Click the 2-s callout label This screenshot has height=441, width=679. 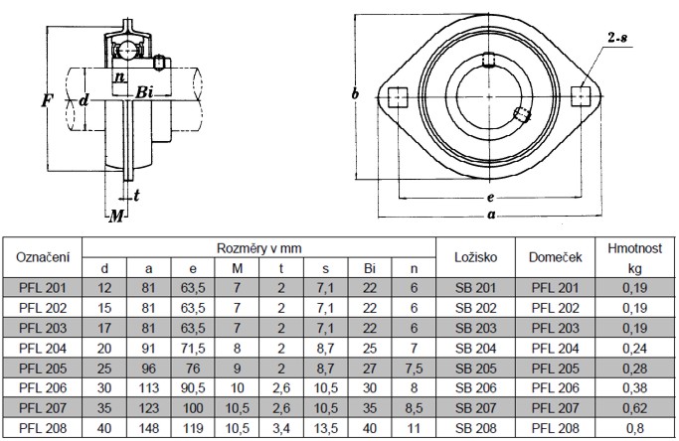coord(617,38)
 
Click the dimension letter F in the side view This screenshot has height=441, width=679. coord(47,101)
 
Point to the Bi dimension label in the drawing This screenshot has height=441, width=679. coord(144,92)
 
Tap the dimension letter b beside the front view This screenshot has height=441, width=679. coord(355,93)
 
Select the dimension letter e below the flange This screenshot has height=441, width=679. coord(490,198)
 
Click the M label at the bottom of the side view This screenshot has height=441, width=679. coord(116,216)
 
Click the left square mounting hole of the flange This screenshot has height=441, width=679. coord(398,97)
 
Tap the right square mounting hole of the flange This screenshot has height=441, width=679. coord(581,96)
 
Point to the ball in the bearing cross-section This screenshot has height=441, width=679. coord(127,50)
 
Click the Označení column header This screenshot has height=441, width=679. coord(43,257)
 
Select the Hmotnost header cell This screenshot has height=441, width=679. coord(634,248)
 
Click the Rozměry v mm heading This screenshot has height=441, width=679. coord(258,248)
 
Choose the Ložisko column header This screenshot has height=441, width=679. coord(475,257)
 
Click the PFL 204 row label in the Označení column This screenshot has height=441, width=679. coord(43,349)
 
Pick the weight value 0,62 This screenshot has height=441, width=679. coord(634,408)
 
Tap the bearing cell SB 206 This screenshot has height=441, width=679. coord(475,388)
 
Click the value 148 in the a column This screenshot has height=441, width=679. coord(148,428)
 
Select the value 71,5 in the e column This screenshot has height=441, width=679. coord(193,349)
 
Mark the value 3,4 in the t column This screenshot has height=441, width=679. coord(281,428)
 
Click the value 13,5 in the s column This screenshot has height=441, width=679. coord(326,428)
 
